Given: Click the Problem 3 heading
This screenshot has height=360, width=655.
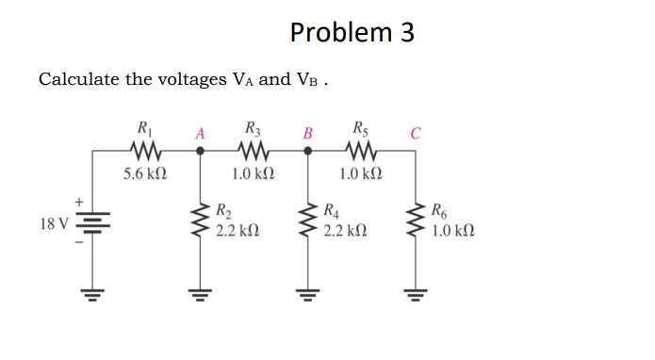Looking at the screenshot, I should [x=352, y=33].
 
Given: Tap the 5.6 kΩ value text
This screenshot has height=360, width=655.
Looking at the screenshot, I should [x=145, y=174].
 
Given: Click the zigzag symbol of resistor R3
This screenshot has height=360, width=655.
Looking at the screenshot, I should [x=253, y=151].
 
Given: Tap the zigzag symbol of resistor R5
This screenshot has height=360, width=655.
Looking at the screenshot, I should [x=360, y=151].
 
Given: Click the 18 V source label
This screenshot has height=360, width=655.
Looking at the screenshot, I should [x=54, y=224].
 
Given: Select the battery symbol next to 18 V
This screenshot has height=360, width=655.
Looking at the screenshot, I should [x=92, y=224].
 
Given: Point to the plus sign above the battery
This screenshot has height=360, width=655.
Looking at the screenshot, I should [x=80, y=201].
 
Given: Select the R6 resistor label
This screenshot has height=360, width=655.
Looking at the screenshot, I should [x=440, y=210].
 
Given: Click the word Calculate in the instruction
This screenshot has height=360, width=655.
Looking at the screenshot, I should [x=78, y=79].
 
